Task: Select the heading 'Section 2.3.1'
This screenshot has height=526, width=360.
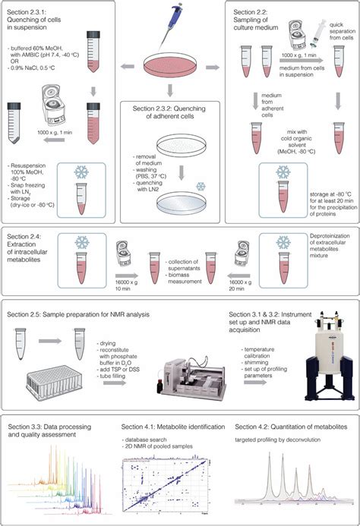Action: [x=28, y=13]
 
